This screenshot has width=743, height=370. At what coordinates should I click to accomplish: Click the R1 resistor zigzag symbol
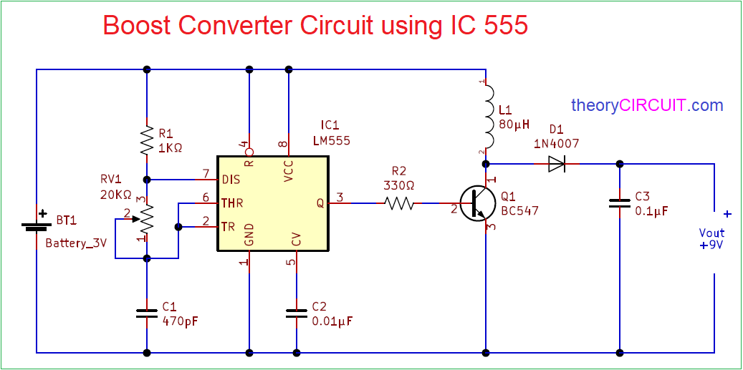(x=146, y=140)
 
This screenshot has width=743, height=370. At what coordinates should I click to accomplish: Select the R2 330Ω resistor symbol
(x=399, y=203)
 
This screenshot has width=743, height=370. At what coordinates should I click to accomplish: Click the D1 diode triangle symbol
(x=556, y=164)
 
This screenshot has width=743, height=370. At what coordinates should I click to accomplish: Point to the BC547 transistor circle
(x=478, y=203)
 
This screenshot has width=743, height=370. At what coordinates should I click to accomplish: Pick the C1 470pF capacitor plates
(x=146, y=313)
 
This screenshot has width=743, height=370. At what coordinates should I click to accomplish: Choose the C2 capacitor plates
(x=297, y=313)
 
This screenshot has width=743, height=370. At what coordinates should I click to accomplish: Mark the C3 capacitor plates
(x=619, y=203)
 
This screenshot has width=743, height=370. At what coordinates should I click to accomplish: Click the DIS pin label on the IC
(x=231, y=180)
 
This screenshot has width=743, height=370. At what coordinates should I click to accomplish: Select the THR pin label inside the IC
(x=232, y=203)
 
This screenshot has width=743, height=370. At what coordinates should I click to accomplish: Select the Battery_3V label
(x=77, y=244)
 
